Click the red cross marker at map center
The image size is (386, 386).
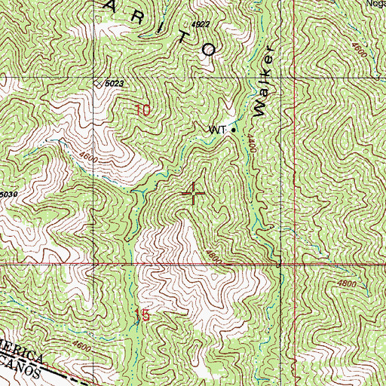(194, 194)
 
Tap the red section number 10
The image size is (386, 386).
(143, 111)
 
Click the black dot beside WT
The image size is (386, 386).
(233, 130)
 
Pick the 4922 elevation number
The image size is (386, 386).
(201, 25)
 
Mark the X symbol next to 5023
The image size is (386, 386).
(97, 84)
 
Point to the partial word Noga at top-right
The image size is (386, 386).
(375, 3)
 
